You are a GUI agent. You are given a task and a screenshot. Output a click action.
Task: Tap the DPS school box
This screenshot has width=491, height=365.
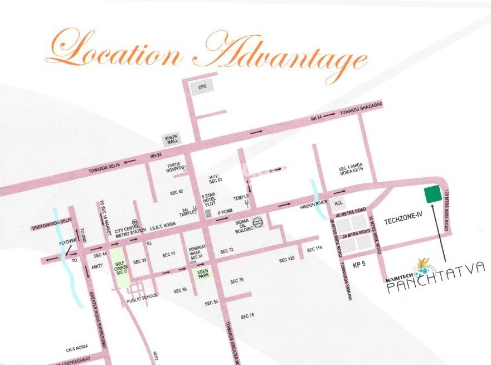coord(199,87)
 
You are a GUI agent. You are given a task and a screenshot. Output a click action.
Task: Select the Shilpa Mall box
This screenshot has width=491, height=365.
coord(170,140)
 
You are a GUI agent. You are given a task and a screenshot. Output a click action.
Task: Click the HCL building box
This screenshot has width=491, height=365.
coord(338,203)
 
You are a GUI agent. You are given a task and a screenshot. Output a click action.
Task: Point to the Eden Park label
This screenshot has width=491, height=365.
coord(202,273)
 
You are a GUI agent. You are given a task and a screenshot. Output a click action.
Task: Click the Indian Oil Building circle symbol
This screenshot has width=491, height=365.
coord(257,222)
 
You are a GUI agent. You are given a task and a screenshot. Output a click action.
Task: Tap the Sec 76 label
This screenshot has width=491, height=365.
coord(247,316)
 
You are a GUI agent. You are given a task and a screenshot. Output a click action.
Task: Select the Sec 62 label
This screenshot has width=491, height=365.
coord(176,192)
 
